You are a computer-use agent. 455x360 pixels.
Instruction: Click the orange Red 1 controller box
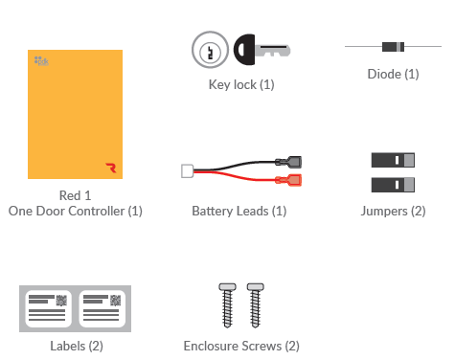click(75, 113)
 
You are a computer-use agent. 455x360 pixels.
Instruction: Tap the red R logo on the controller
click(111, 167)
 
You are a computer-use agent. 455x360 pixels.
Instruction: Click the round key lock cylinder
click(207, 48)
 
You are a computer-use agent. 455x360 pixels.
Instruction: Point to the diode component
click(392, 46)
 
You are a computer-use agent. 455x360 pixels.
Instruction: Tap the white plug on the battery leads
click(187, 171)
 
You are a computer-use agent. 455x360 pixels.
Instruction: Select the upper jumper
click(392, 161)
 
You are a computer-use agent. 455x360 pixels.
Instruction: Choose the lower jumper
click(392, 183)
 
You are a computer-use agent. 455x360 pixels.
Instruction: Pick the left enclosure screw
click(228, 304)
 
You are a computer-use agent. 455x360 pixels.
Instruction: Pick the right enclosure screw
click(255, 304)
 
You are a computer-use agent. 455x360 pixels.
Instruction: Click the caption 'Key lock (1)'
click(241, 84)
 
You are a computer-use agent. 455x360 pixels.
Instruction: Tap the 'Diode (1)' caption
click(393, 74)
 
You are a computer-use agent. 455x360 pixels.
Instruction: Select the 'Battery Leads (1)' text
click(239, 211)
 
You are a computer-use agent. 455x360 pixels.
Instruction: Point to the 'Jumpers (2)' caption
click(393, 211)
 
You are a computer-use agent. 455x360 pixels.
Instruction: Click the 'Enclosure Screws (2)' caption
click(241, 346)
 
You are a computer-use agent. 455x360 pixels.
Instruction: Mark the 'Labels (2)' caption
click(76, 346)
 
